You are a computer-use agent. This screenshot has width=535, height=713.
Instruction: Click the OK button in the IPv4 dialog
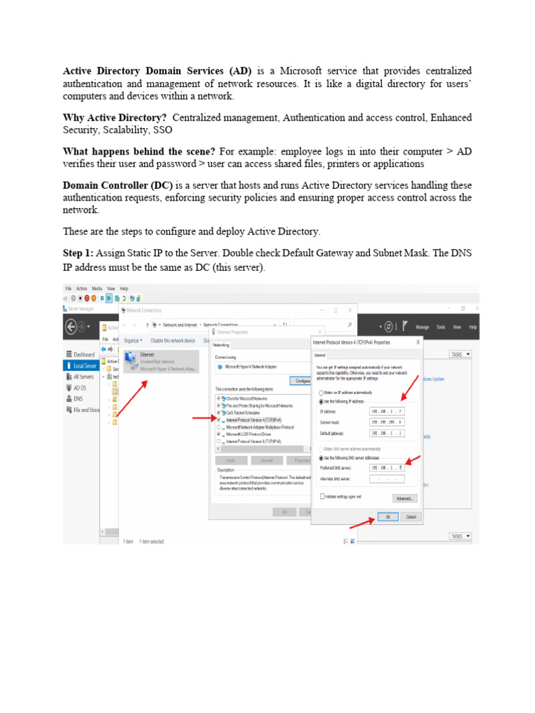pos(388,517)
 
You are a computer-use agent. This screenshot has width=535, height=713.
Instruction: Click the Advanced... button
pos(405,499)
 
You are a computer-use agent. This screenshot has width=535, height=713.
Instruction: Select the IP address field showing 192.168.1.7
pos(387,412)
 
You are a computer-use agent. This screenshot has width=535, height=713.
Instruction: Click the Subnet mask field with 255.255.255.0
pos(387,422)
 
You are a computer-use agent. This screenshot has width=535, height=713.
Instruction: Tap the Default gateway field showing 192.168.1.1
pos(387,433)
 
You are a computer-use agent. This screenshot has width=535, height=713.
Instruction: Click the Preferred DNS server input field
pos(387,468)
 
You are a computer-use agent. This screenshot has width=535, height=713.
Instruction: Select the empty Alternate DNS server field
pos(387,479)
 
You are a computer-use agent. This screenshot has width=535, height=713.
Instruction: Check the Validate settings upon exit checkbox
pos(323,496)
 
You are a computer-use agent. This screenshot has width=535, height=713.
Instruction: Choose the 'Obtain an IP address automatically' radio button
pos(320,393)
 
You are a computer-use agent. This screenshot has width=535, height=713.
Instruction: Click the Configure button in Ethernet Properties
pos(302,381)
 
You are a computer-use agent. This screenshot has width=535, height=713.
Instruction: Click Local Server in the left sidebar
pos(84,366)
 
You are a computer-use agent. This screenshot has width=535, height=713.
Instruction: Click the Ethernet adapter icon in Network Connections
pos(130,359)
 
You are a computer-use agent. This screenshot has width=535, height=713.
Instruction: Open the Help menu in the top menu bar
pos(124,288)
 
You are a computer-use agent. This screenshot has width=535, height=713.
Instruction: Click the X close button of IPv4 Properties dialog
pos(418,342)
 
